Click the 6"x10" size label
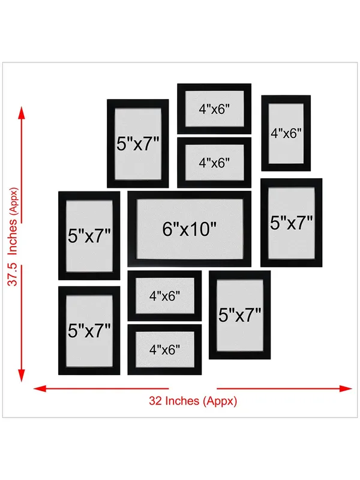click(189, 229)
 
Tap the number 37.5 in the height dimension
click(13, 275)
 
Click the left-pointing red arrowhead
click(40, 389)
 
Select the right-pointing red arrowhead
click(346, 389)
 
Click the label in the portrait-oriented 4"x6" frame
click(286, 133)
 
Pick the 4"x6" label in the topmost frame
click(214, 109)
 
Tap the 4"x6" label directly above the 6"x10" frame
click(214, 163)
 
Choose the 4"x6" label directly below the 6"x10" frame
click(164, 296)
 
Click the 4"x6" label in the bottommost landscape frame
click(164, 350)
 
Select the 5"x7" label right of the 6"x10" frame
click(292, 223)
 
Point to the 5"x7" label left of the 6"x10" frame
click(89, 236)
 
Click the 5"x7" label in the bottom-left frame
click(89, 331)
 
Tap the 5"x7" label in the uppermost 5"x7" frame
click(138, 143)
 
